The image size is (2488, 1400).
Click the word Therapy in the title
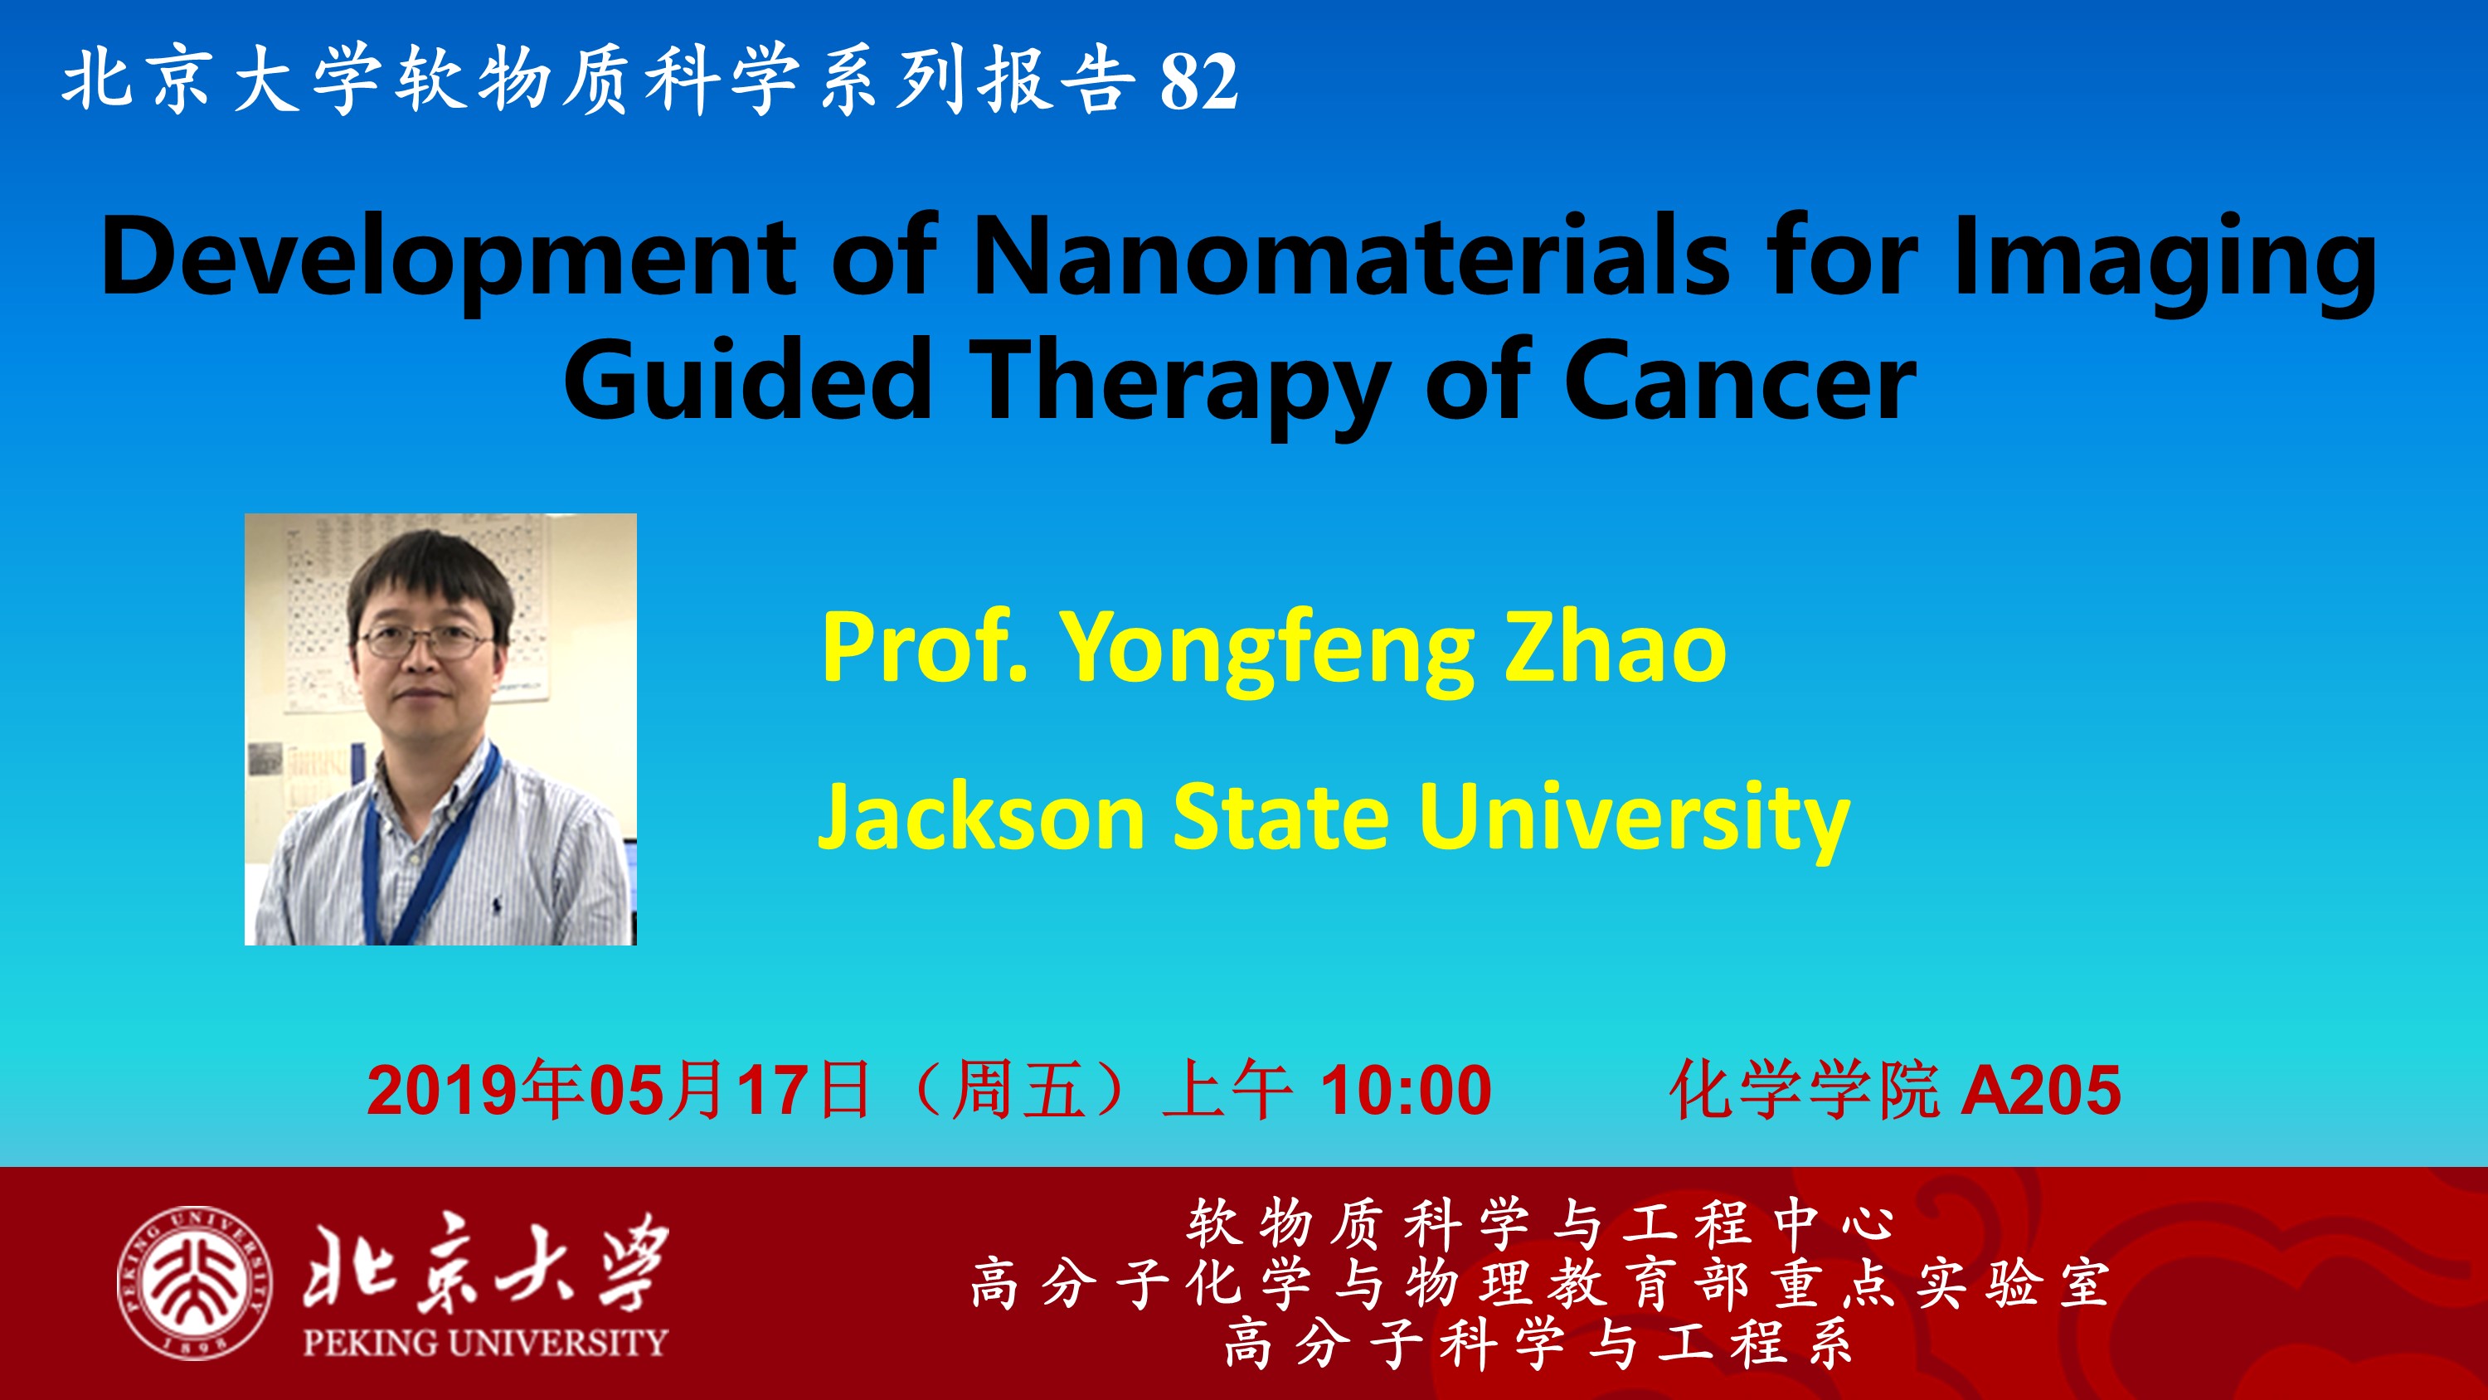tap(1179, 386)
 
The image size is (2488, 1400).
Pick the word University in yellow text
tap(1633, 820)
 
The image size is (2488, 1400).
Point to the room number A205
tap(2041, 1090)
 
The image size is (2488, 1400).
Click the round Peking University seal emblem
tap(194, 1283)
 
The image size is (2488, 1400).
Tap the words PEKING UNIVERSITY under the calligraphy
tap(485, 1342)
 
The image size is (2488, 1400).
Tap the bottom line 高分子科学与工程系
tap(1538, 1344)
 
